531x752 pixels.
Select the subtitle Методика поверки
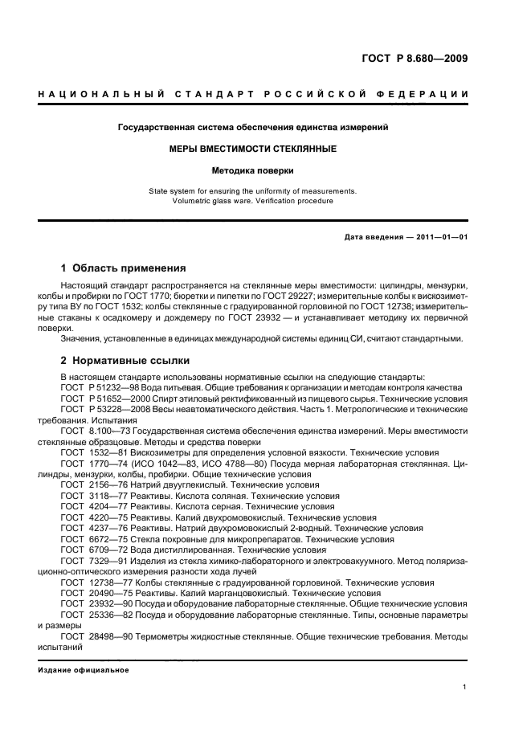253,170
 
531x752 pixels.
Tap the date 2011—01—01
440,238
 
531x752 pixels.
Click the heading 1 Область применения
124,268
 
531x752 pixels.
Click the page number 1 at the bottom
465,687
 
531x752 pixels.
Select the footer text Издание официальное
84,668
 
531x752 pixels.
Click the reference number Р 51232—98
112,387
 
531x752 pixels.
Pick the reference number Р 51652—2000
117,398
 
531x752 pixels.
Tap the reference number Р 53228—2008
117,409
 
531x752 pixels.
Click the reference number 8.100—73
111,431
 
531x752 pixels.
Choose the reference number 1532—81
108,452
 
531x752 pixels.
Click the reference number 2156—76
108,485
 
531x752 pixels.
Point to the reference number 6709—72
108,550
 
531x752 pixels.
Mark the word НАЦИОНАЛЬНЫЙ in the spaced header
91,96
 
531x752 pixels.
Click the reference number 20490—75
110,593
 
